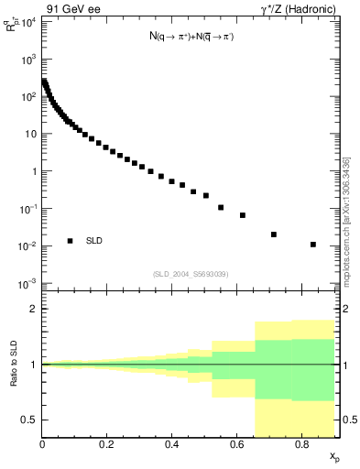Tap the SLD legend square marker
pyautogui.click(x=70, y=241)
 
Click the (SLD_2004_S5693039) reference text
pyautogui.click(x=191, y=274)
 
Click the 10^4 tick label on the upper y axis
pyautogui.click(x=27, y=21)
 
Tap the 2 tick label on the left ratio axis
pyautogui.click(x=33, y=309)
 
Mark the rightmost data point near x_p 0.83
pyautogui.click(x=313, y=245)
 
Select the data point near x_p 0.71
pyautogui.click(x=274, y=234)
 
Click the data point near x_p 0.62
pyautogui.click(x=243, y=215)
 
